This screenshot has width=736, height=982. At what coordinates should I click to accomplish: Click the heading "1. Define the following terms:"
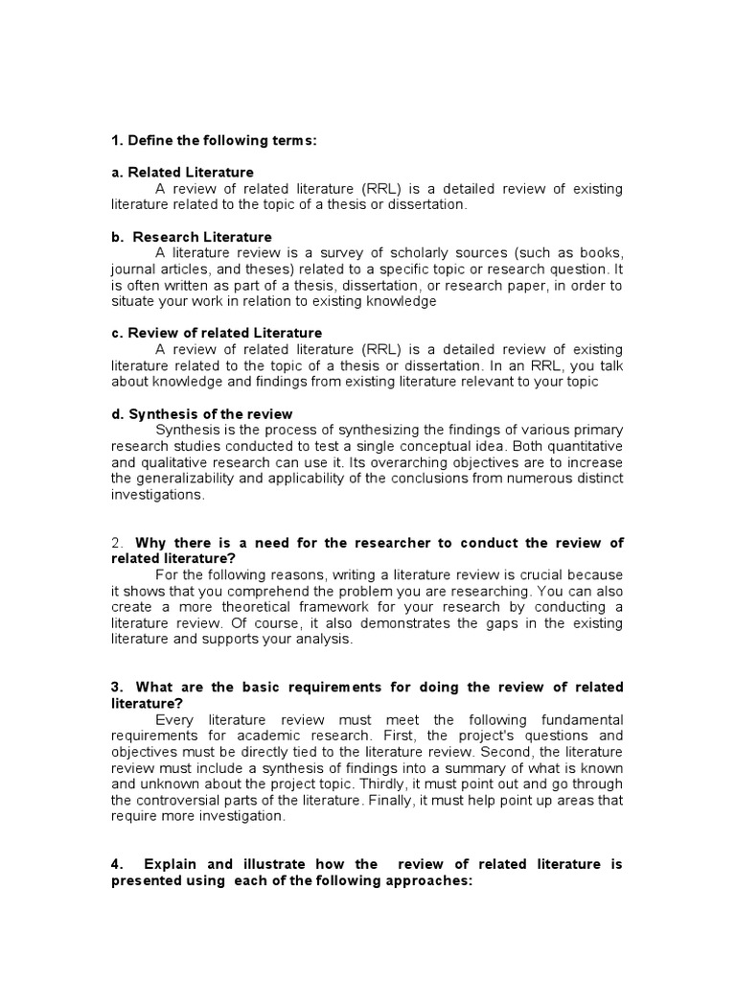point(214,141)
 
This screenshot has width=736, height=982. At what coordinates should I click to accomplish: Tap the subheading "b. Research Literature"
point(192,237)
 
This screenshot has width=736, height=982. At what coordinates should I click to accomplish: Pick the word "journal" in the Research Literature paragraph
point(134,269)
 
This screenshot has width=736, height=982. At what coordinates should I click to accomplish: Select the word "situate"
point(134,301)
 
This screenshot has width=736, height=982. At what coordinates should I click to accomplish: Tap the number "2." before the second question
point(119,543)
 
